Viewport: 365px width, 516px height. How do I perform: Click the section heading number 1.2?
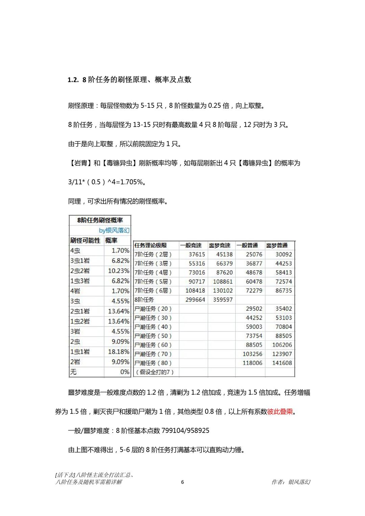click(73, 80)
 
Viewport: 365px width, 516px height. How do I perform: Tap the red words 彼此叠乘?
click(280, 412)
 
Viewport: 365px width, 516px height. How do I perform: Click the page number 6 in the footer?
click(182, 482)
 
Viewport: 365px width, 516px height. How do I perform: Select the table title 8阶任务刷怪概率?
click(100, 220)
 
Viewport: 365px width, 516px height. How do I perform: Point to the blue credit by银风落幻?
click(114, 230)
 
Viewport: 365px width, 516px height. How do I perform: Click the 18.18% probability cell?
click(119, 352)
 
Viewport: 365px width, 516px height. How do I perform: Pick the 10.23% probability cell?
click(119, 271)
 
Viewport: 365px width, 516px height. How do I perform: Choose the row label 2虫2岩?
click(80, 271)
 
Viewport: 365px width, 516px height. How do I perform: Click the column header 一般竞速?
click(191, 245)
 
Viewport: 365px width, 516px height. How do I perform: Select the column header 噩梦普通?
click(277, 245)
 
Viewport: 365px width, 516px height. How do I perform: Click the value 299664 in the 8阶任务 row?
click(195, 300)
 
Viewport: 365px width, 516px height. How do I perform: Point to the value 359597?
click(223, 300)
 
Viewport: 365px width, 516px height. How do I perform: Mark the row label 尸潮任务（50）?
click(153, 336)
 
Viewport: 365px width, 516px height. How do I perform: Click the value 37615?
click(197, 254)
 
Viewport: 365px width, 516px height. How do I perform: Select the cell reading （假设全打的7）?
click(154, 372)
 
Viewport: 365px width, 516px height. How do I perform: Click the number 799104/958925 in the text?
click(186, 431)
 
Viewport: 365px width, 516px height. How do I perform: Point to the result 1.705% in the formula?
click(133, 182)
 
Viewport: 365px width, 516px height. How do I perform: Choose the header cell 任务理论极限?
click(150, 245)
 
